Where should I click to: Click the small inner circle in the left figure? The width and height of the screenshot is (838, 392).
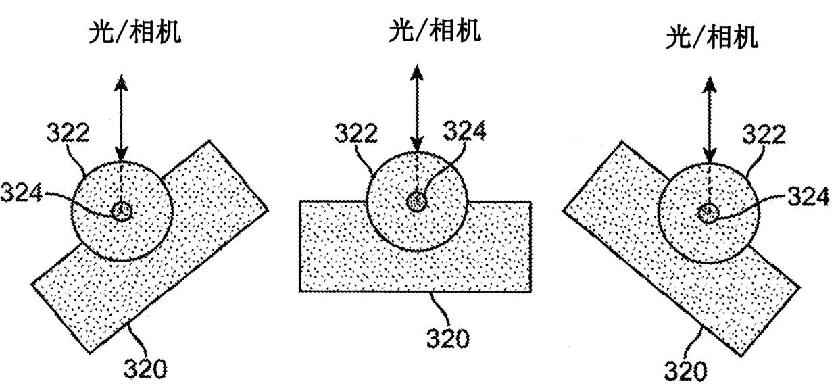click(122, 211)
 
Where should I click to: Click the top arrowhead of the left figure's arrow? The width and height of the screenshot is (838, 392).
click(122, 82)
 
